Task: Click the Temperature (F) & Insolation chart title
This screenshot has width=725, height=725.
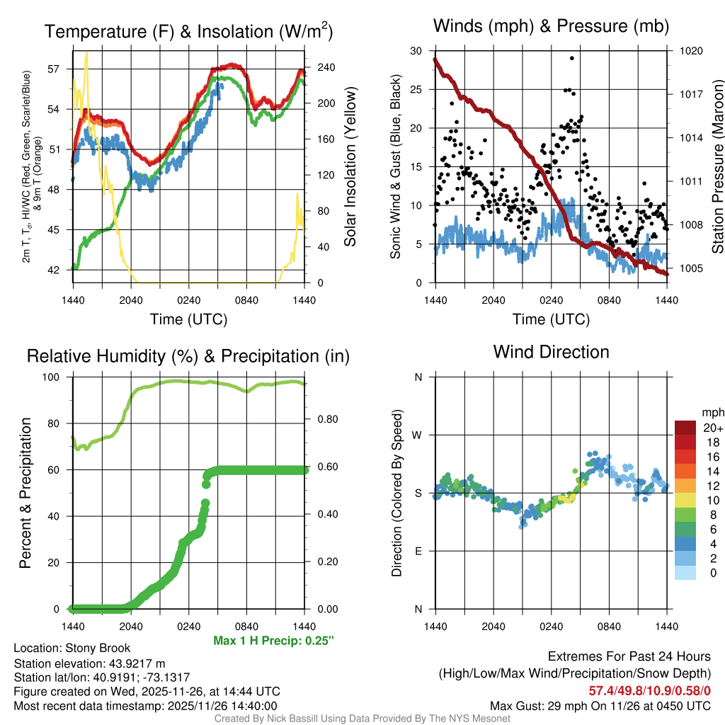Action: (x=188, y=31)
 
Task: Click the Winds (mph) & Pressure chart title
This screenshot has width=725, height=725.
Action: (x=551, y=27)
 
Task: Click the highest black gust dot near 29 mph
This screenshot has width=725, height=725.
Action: (x=571, y=58)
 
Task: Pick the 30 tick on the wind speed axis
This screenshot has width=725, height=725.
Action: (x=416, y=51)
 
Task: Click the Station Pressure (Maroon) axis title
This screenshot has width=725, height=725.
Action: (x=717, y=166)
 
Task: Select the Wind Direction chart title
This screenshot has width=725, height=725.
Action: (x=551, y=352)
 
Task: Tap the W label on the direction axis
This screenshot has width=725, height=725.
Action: (x=418, y=435)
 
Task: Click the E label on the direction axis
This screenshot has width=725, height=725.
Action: (x=418, y=551)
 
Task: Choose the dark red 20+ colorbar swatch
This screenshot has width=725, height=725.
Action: (x=685, y=428)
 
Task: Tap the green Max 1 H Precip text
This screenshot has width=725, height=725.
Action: (x=273, y=641)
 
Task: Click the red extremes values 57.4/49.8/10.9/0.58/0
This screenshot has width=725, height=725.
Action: (x=649, y=690)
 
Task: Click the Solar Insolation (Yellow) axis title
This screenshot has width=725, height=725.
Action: (x=350, y=166)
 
